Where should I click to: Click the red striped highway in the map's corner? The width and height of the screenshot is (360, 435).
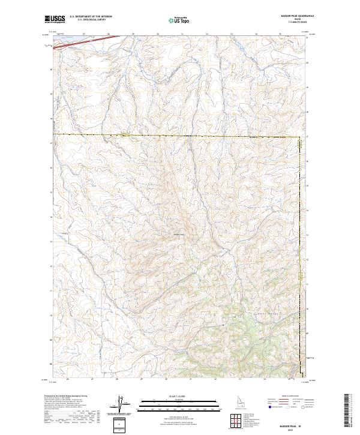click(x=96, y=42)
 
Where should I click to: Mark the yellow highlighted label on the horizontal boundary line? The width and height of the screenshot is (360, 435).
click(x=125, y=135)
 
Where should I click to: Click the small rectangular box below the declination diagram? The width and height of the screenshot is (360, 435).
click(x=122, y=424)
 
